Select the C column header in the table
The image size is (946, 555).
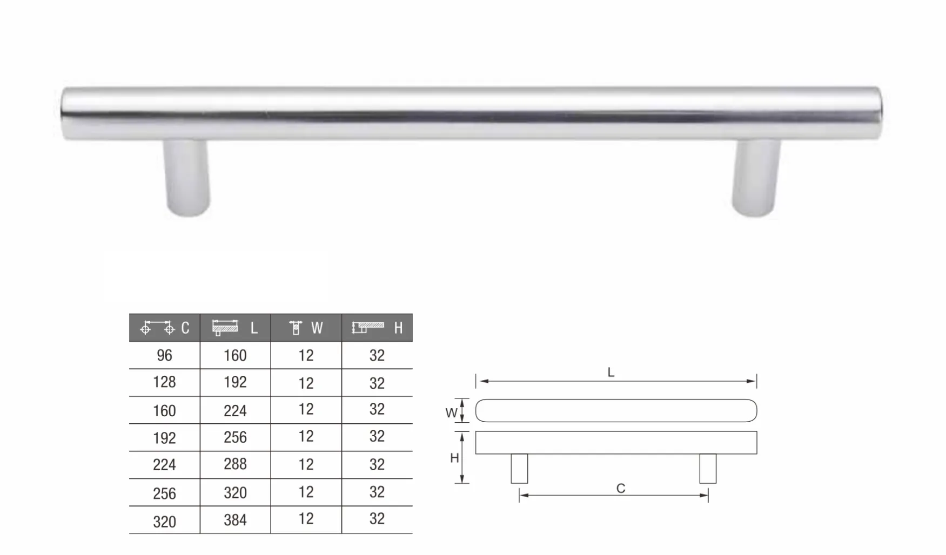point(164,328)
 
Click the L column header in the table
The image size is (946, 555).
point(235,328)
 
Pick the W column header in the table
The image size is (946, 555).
point(306,328)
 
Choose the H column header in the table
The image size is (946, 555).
point(377,328)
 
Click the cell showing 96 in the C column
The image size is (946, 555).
point(164,355)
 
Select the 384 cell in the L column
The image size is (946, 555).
point(235,520)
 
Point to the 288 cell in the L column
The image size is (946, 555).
point(235,464)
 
